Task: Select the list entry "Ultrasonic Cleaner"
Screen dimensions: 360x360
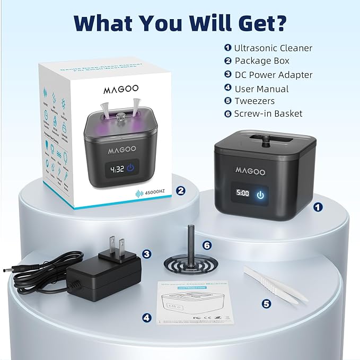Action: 273,48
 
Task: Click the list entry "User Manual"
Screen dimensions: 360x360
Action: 261,89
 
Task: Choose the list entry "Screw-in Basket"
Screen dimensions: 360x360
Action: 268,113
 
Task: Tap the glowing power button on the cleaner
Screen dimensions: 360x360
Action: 260,195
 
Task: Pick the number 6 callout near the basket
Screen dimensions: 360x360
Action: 207,245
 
